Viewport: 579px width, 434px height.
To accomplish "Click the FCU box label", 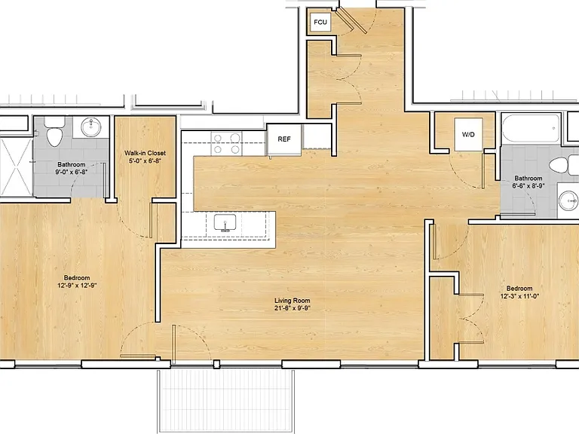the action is click(x=320, y=22).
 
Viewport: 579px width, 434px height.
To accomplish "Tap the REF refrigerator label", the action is click(x=284, y=139).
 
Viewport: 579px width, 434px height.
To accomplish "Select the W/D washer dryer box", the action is click(x=468, y=134).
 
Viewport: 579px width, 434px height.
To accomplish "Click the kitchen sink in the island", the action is click(x=225, y=223).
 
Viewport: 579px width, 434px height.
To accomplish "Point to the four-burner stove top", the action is click(x=226, y=144).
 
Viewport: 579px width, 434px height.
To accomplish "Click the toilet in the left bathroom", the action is click(x=54, y=132).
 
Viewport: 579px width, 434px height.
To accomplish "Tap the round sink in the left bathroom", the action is click(x=90, y=127).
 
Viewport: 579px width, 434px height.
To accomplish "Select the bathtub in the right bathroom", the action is click(x=531, y=129).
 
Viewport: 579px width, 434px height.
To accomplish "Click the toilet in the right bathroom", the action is click(x=563, y=164).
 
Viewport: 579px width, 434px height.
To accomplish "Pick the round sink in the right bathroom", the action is click(x=568, y=200).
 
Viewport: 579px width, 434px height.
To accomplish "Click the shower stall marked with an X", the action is click(x=17, y=167).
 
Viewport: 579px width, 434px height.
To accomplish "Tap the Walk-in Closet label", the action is click(x=145, y=153).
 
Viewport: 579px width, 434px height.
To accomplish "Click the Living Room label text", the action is click(x=292, y=301).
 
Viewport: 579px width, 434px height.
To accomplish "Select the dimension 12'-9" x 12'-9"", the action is click(x=77, y=286).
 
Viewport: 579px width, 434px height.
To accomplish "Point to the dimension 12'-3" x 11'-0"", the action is click(x=519, y=296).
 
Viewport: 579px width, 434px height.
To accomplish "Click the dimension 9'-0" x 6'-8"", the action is click(x=72, y=172).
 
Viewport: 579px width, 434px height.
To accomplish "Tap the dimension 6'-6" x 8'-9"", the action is click(x=528, y=185).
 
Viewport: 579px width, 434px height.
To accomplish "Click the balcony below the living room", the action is click(x=226, y=401).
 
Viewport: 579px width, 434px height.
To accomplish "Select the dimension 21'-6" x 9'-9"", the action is click(x=292, y=308).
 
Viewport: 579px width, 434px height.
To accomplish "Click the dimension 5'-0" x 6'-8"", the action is click(x=145, y=160).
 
